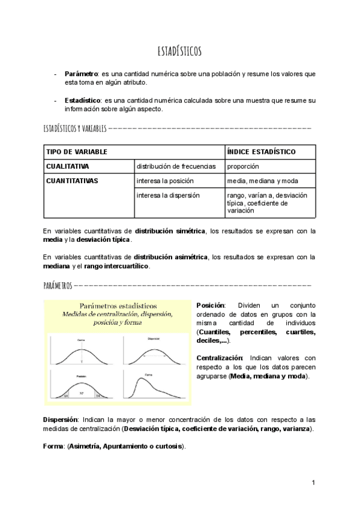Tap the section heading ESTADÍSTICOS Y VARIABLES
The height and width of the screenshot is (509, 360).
click(x=75, y=128)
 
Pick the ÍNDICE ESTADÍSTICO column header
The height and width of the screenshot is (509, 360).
click(x=261, y=152)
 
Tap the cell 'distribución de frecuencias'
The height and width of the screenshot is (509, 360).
click(x=176, y=166)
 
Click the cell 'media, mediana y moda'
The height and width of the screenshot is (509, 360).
click(x=262, y=181)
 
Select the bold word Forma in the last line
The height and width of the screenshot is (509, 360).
click(x=54, y=447)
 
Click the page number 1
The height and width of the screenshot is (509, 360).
click(x=313, y=483)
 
